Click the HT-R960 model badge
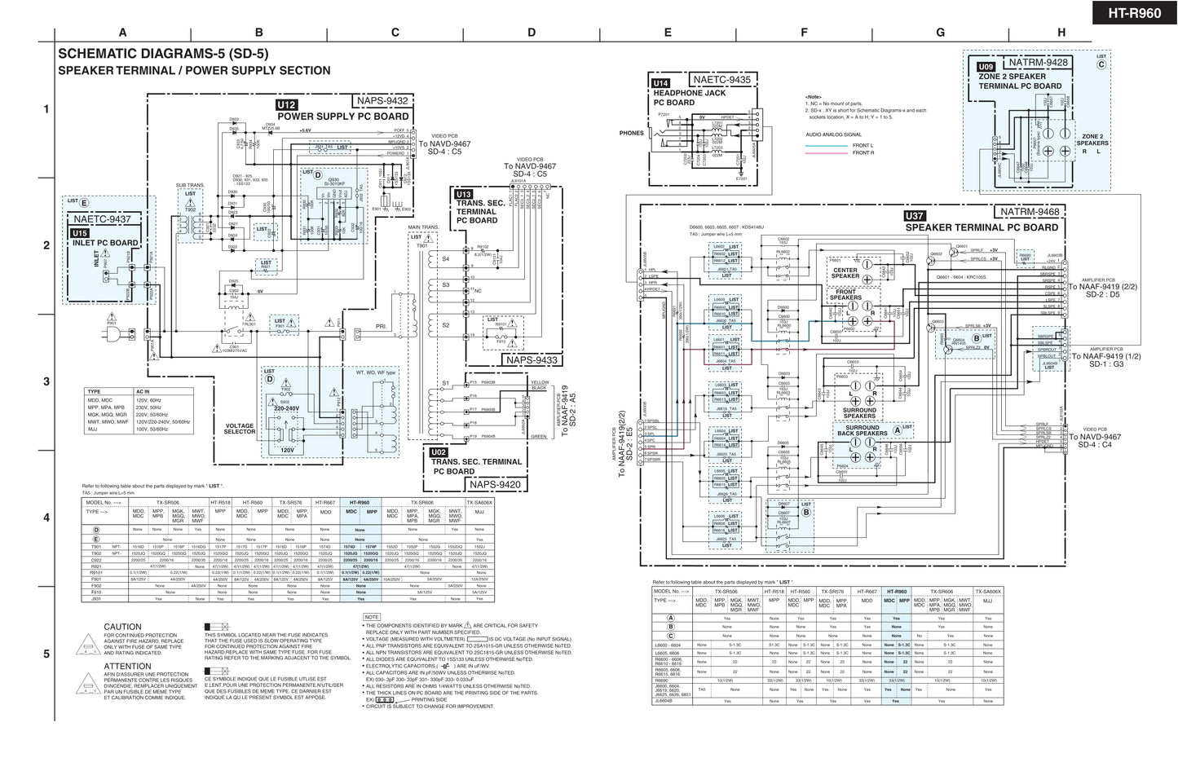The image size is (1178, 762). pyautogui.click(x=1134, y=14)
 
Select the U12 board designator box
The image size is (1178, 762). pyautogui.click(x=287, y=105)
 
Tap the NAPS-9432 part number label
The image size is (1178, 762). pyautogui.click(x=382, y=101)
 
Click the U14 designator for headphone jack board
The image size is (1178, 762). pyautogui.click(x=660, y=83)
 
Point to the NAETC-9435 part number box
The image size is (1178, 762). pyautogui.click(x=722, y=80)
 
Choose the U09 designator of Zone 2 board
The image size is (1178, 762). pyautogui.click(x=986, y=67)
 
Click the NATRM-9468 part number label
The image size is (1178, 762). pyautogui.click(x=1030, y=212)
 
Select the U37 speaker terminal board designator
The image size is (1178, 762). pyautogui.click(x=915, y=217)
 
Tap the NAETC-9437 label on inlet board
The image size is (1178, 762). pyautogui.click(x=101, y=219)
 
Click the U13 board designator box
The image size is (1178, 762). pyautogui.click(x=463, y=195)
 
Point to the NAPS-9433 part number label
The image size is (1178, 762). pyautogui.click(x=532, y=360)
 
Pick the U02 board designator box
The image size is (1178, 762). pyautogui.click(x=439, y=452)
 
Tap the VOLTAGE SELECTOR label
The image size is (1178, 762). pyautogui.click(x=240, y=429)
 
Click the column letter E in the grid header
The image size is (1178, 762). pyautogui.click(x=668, y=33)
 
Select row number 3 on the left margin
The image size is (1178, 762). pyautogui.click(x=46, y=381)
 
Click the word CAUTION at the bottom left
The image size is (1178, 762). pyautogui.click(x=122, y=627)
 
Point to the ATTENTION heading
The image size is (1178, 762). pyautogui.click(x=127, y=667)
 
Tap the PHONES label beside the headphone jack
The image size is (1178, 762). pyautogui.click(x=631, y=133)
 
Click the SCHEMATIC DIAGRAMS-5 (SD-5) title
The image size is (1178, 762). pyautogui.click(x=163, y=55)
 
